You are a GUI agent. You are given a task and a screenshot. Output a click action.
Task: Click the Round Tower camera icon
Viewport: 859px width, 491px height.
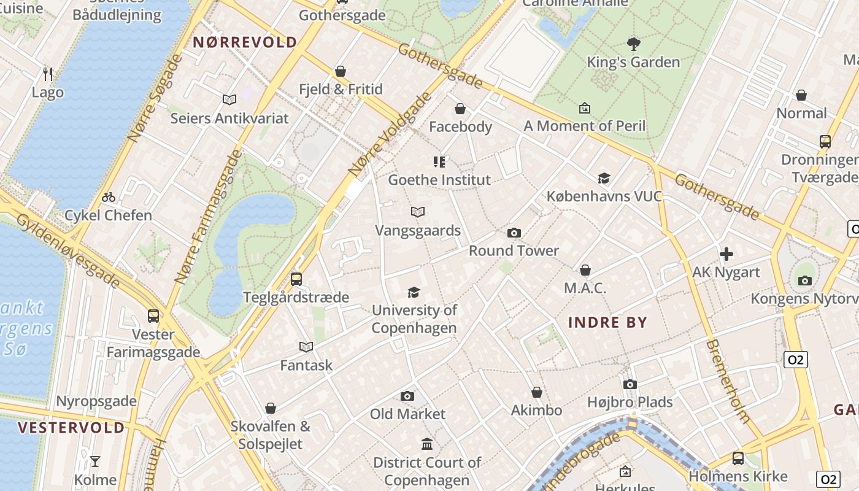coord(514,233)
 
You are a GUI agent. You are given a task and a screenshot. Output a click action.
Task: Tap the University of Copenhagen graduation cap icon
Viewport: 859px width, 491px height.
coord(414,292)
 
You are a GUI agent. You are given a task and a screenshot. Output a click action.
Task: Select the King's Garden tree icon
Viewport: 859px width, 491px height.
coord(634,44)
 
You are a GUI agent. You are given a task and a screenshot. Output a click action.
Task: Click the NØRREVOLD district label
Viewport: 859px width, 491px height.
coord(245,42)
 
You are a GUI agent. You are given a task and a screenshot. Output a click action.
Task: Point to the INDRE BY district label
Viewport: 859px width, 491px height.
coord(607,322)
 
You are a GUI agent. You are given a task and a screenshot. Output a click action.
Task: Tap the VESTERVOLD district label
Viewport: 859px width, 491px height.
coord(71,428)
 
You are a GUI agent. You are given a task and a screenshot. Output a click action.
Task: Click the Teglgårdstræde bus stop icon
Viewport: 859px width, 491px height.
coord(296,279)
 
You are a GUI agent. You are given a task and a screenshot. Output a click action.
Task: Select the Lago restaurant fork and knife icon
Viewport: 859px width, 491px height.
coord(48,74)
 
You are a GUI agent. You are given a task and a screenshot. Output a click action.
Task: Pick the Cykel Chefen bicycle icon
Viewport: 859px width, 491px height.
coord(109,197)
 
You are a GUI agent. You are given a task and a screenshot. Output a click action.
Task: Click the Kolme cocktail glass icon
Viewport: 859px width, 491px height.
coord(95,461)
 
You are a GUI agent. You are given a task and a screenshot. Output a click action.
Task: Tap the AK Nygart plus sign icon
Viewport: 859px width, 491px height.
coord(726,253)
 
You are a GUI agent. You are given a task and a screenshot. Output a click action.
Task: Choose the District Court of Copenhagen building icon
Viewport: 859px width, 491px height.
coord(427,444)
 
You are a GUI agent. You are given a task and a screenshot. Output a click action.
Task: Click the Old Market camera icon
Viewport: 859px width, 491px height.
coord(407,396)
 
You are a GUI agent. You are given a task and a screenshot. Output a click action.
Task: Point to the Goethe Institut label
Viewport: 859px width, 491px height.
coord(439,180)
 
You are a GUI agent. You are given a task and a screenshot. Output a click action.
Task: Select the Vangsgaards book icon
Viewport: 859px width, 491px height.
coord(418,212)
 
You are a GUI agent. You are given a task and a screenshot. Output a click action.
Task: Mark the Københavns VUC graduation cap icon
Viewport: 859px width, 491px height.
coord(604,178)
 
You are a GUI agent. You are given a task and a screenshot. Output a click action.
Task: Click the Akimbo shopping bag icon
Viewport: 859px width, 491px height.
coord(537,392)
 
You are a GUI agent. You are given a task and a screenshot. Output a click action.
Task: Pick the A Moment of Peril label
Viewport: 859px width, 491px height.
coord(584,126)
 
